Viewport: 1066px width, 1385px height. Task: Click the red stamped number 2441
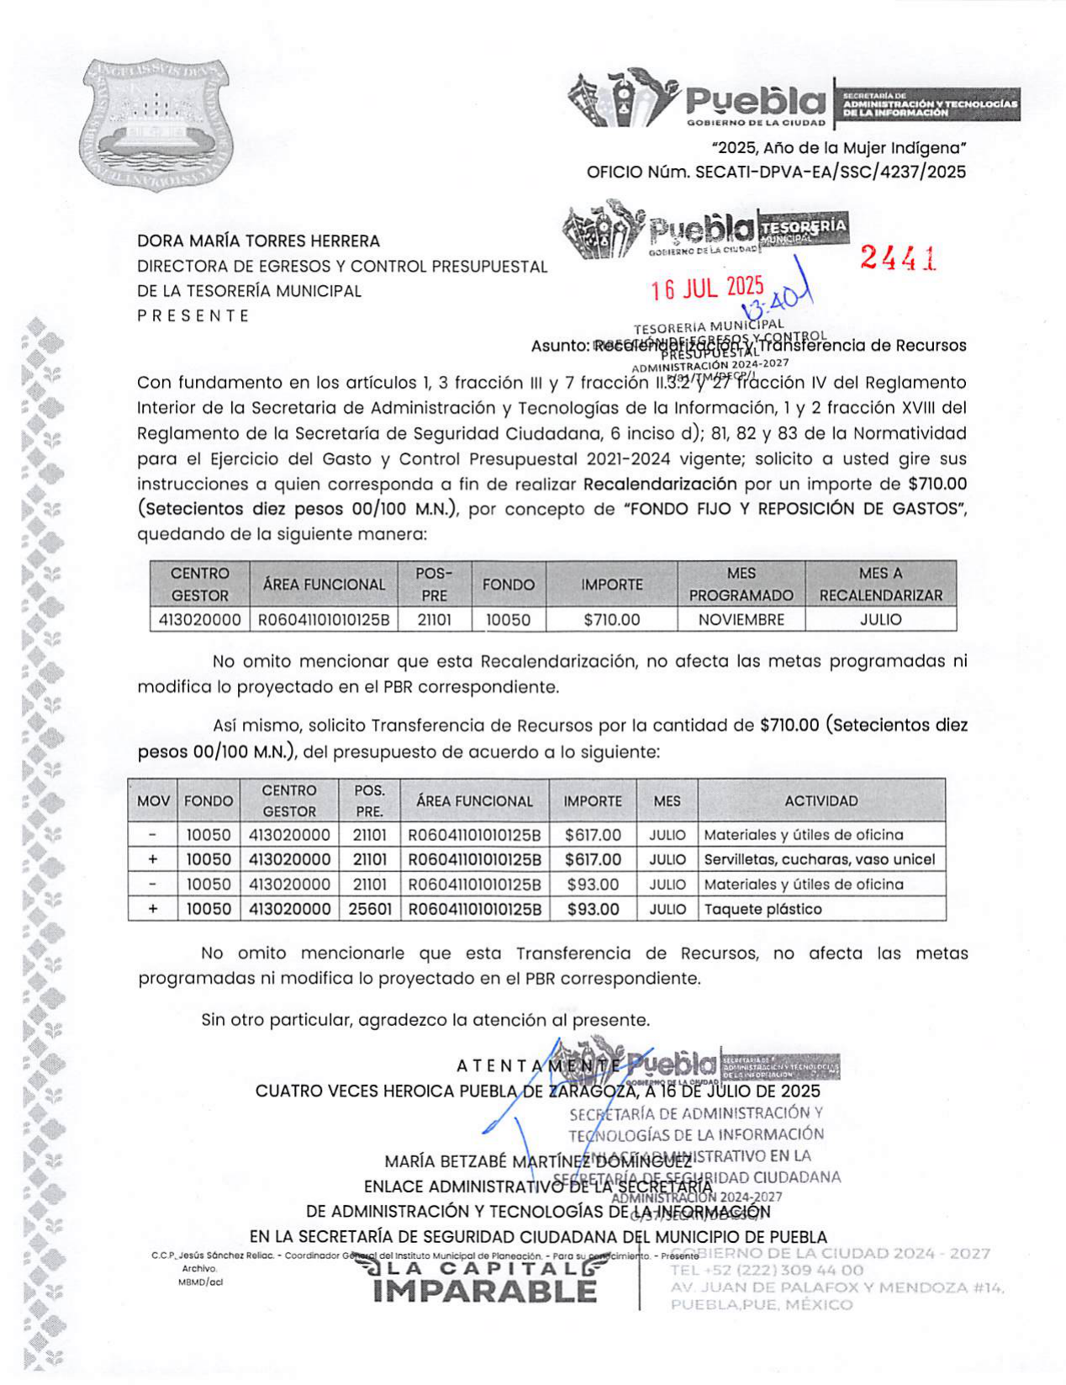point(898,258)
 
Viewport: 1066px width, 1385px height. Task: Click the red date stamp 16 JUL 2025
point(707,289)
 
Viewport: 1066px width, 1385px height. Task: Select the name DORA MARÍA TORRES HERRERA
point(259,241)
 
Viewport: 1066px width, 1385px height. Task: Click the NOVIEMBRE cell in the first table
point(741,620)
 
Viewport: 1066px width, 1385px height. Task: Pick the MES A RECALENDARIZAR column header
point(880,584)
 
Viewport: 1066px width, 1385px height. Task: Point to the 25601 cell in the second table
point(371,909)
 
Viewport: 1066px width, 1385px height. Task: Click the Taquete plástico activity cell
point(763,909)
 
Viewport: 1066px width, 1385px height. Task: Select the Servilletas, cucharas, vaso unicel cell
point(819,859)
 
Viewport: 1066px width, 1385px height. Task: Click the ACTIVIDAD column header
point(821,801)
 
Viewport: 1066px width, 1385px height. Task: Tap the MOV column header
point(153,801)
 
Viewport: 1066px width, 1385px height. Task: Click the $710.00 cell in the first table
point(611,620)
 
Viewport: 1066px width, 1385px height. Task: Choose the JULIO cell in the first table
point(880,620)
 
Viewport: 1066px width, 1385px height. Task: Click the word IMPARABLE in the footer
point(484,1291)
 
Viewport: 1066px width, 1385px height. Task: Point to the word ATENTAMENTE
point(538,1066)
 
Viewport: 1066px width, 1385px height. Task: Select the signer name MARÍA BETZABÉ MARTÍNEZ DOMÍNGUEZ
point(538,1162)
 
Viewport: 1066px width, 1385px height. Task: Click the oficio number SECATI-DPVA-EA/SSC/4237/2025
point(831,172)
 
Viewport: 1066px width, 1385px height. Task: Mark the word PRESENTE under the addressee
point(193,316)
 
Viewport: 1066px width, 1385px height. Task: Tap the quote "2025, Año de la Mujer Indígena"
point(838,149)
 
